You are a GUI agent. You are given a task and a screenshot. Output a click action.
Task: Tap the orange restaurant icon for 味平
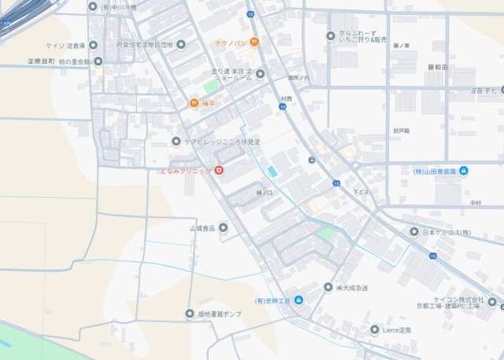coord(193,102)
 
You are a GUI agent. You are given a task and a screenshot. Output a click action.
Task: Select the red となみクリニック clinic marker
coord(219,170)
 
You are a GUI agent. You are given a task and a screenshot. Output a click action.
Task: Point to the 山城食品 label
coord(202,228)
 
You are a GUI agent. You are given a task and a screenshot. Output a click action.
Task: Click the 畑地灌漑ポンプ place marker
coord(189,314)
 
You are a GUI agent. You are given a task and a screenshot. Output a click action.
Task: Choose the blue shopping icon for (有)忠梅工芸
coord(298,301)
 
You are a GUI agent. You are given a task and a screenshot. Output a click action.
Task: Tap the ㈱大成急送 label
coord(350,288)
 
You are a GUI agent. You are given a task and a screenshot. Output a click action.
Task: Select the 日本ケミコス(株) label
coord(446,232)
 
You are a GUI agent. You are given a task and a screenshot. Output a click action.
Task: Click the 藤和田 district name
coord(438,69)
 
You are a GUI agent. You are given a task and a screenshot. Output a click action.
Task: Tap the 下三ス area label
coord(361,192)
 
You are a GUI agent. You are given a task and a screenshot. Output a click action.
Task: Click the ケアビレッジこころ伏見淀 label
coord(221,142)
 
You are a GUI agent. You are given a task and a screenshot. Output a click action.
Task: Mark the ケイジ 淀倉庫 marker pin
coord(93,45)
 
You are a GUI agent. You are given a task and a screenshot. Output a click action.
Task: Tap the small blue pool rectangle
coord(272,171)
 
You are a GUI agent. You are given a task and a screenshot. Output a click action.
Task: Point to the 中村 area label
coord(475,202)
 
